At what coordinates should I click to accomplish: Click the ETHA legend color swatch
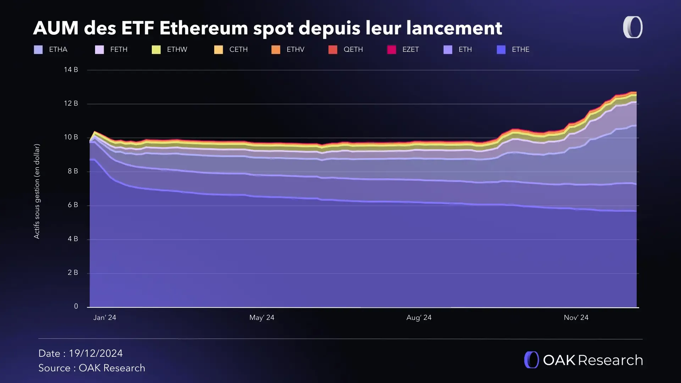pos(38,50)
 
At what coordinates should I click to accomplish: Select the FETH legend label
pos(118,50)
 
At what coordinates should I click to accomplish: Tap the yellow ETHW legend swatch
pos(156,50)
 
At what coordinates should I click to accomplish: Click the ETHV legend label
pos(295,50)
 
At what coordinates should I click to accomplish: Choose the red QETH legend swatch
pos(333,50)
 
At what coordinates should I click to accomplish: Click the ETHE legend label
pos(520,50)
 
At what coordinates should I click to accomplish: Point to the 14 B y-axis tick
pos(71,70)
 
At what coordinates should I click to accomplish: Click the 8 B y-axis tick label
pos(73,171)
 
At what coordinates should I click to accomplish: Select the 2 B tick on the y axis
pos(73,273)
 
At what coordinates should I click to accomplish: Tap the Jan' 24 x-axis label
pos(105,318)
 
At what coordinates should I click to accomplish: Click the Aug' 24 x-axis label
pos(419,318)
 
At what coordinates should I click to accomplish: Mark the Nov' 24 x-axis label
pos(576,318)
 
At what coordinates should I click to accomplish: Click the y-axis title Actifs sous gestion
pos(37,191)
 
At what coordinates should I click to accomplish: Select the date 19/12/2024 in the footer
pos(96,354)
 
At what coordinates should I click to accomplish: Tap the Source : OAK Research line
pos(92,368)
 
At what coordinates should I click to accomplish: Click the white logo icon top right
pos(633,27)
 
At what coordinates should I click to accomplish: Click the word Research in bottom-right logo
pos(610,360)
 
